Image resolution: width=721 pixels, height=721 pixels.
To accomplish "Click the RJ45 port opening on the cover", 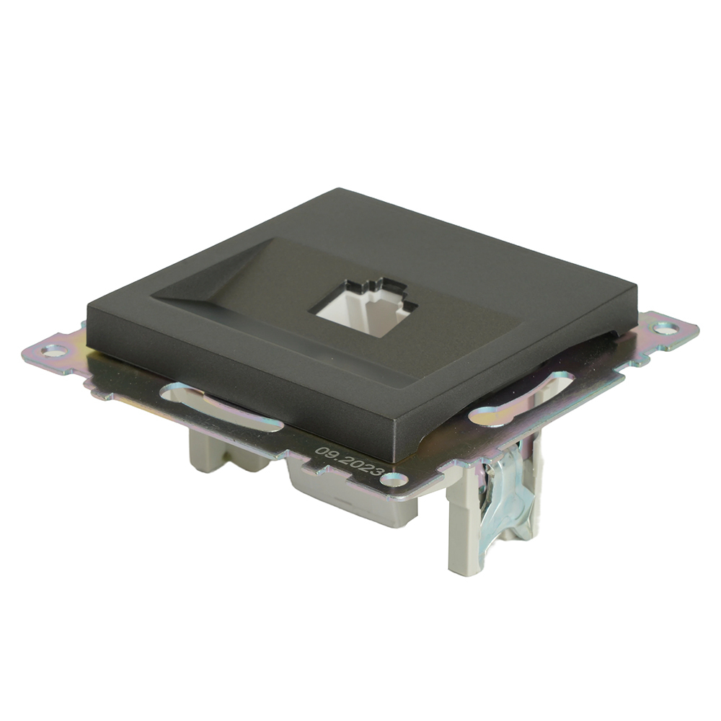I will pyautogui.click(x=364, y=307).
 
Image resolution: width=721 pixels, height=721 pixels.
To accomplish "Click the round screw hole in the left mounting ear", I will pyautogui.click(x=53, y=350).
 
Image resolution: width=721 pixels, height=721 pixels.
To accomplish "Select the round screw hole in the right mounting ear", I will pyautogui.click(x=665, y=328).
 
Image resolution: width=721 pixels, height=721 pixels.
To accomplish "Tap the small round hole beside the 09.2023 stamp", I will pyautogui.click(x=394, y=478).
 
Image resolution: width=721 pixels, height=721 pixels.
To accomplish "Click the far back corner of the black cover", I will pyautogui.click(x=339, y=190).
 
